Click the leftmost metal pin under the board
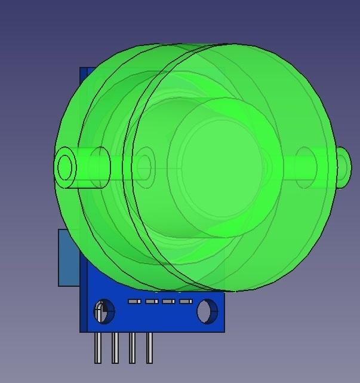tap(98, 348)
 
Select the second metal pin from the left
tap(115, 348)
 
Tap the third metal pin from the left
tap(132, 348)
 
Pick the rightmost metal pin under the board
tap(149, 348)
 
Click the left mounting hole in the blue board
tap(103, 312)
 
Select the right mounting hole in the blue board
tap(207, 311)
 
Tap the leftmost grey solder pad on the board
tap(134, 302)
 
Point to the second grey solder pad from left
tap(152, 302)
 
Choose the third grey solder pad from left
tap(168, 302)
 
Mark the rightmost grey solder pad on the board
tap(186, 302)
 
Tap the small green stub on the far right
tap(343, 166)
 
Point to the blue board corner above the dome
tap(85, 74)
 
